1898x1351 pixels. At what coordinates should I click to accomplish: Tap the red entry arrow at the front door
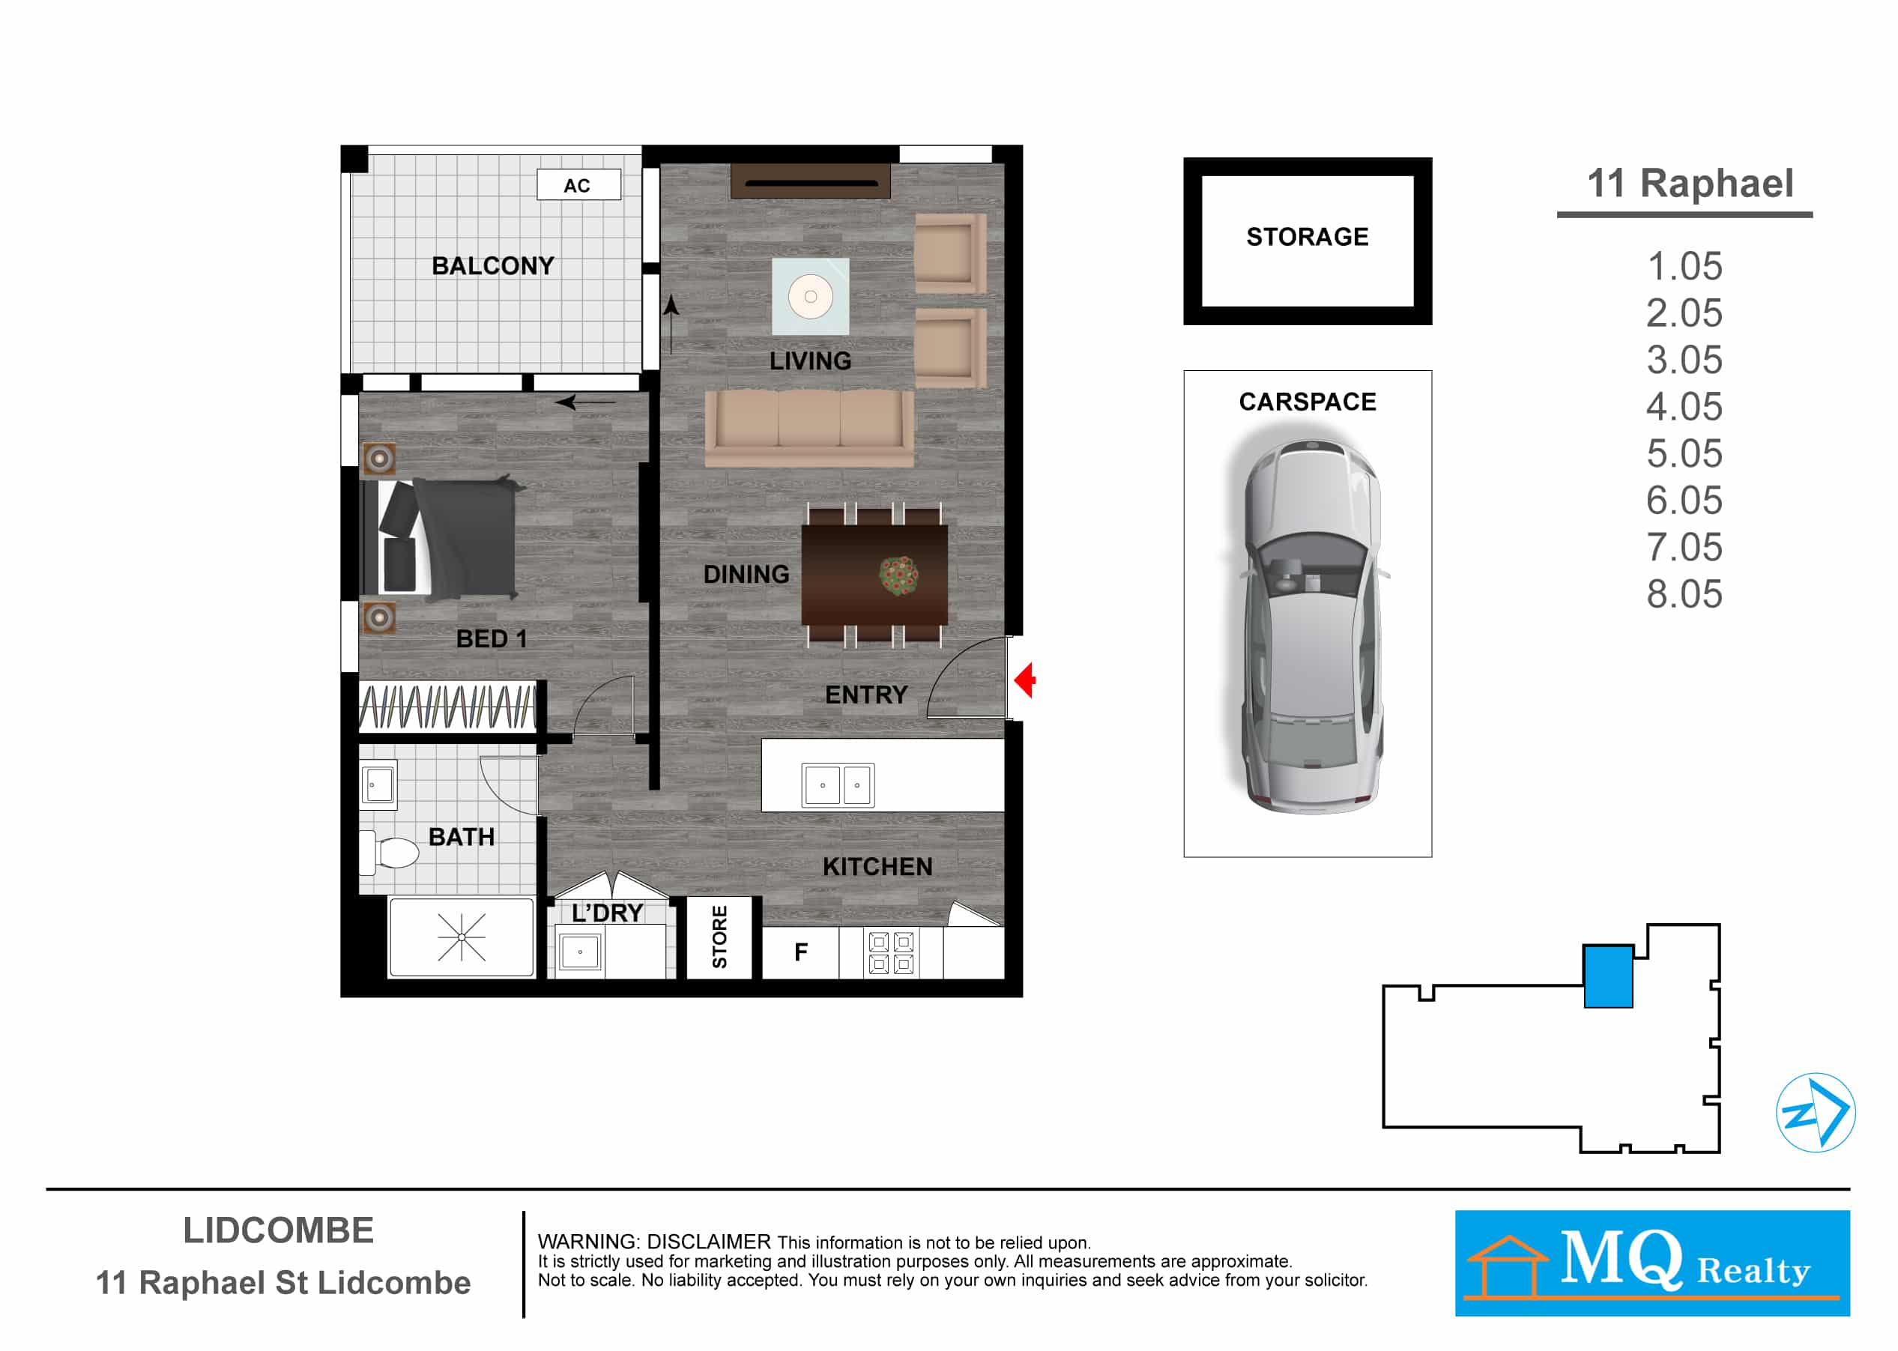(x=1024, y=680)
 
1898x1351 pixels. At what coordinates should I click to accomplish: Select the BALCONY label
(x=493, y=266)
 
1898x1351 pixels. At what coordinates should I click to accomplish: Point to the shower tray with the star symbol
(x=462, y=937)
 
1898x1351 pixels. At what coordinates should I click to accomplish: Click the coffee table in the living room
(x=811, y=296)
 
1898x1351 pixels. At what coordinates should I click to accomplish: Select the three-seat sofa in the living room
(x=809, y=428)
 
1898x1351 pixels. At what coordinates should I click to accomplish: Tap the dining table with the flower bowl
(x=874, y=575)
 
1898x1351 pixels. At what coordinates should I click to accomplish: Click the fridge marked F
(x=801, y=952)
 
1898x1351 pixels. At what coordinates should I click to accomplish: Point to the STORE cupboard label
(x=720, y=937)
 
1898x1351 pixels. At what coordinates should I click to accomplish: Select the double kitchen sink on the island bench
(x=838, y=785)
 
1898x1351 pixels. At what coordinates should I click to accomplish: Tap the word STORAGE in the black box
(x=1308, y=237)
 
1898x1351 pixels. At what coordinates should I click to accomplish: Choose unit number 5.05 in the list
(x=1684, y=453)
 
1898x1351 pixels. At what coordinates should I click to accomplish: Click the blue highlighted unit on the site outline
(x=1608, y=976)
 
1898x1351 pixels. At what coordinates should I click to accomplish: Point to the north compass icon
(x=1816, y=1112)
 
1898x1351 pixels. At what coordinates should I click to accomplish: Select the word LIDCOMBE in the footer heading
(x=279, y=1231)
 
